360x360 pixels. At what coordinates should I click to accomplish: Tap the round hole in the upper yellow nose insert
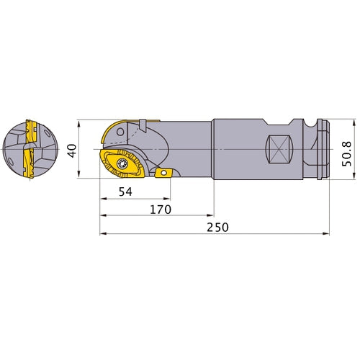116,131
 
